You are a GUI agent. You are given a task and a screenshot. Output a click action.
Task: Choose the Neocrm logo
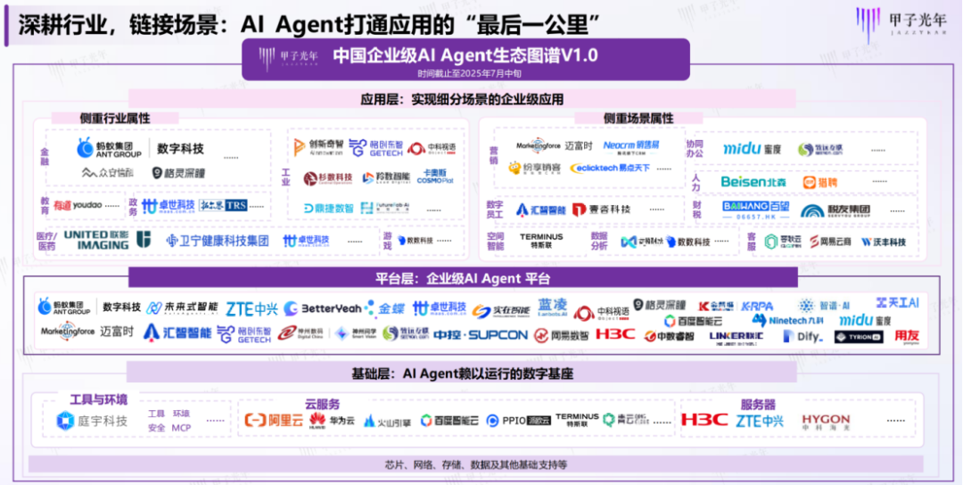[631, 144]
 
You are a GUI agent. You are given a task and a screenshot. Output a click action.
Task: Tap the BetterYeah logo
[323, 308]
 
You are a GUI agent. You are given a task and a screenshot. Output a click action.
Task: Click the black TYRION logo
[858, 337]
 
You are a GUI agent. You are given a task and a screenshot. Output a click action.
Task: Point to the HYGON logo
[826, 420]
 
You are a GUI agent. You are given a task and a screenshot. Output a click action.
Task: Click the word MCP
[182, 427]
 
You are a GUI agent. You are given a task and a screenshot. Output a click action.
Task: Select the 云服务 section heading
[322, 404]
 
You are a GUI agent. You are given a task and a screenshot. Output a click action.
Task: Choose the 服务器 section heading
[758, 404]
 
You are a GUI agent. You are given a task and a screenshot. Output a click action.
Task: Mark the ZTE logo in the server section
[759, 420]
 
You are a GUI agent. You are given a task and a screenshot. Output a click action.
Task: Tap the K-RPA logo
[757, 306]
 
